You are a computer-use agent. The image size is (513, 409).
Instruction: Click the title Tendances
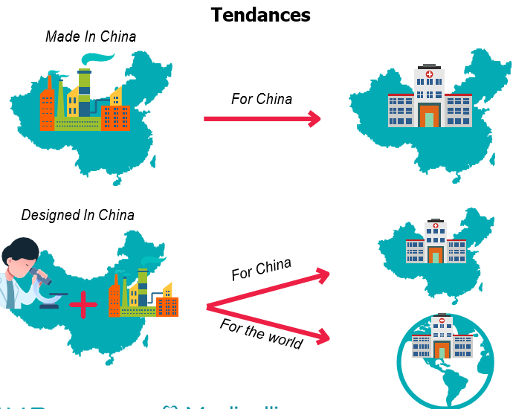point(260,14)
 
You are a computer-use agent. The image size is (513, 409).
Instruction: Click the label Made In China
point(91,36)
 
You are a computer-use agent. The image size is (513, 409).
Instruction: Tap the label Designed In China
point(78,215)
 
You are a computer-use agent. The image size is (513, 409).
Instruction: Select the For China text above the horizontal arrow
point(261,98)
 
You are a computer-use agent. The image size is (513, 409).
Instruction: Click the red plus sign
point(83,304)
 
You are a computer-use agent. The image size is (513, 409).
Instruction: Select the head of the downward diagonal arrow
point(322,338)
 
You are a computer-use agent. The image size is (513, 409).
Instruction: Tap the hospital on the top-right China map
point(429,99)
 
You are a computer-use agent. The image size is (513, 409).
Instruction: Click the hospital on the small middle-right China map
point(435,242)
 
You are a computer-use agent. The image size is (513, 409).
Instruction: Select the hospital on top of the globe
point(442,338)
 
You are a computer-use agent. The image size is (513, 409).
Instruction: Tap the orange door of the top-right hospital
point(429,117)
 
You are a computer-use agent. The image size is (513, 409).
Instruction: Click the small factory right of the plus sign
point(143,294)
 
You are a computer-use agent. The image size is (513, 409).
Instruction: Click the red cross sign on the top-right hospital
point(429,75)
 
